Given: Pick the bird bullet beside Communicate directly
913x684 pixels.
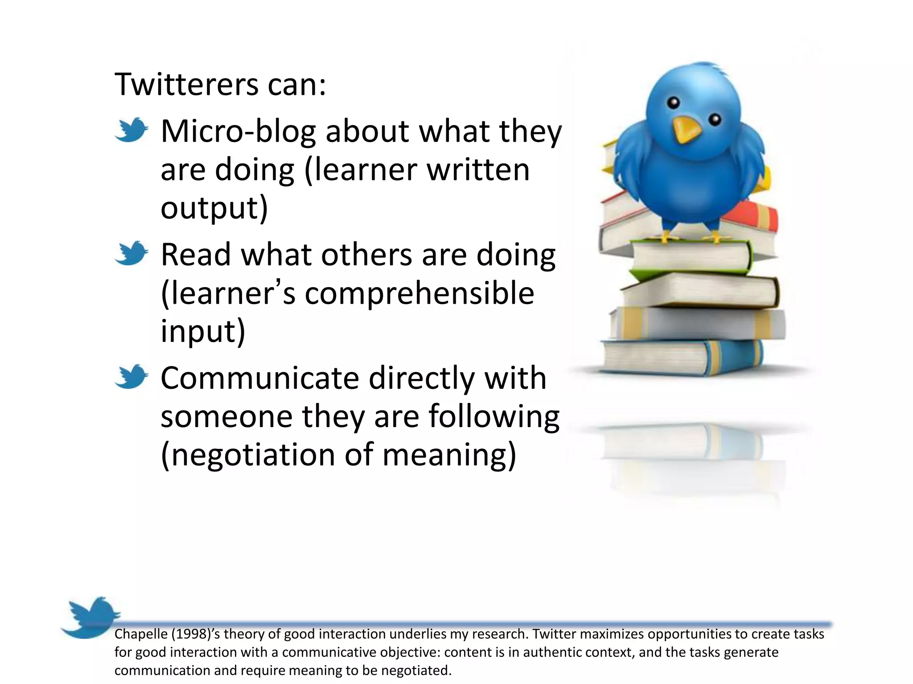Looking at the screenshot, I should tap(131, 377).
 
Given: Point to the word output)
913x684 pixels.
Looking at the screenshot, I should tap(214, 208).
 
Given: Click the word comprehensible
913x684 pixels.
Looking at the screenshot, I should tap(419, 293).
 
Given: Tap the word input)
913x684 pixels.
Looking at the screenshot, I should tap(203, 331).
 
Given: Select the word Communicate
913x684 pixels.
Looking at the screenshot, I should tap(259, 379).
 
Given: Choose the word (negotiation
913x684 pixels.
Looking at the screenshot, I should tap(247, 455).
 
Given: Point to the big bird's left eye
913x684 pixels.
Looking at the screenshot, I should tap(674, 103).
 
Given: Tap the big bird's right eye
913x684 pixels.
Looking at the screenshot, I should tap(715, 119).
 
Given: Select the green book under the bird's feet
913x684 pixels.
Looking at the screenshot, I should tap(691, 257).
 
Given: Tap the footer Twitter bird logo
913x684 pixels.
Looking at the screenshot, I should tap(91, 617).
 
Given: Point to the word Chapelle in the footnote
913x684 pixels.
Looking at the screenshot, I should tap(141, 634).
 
